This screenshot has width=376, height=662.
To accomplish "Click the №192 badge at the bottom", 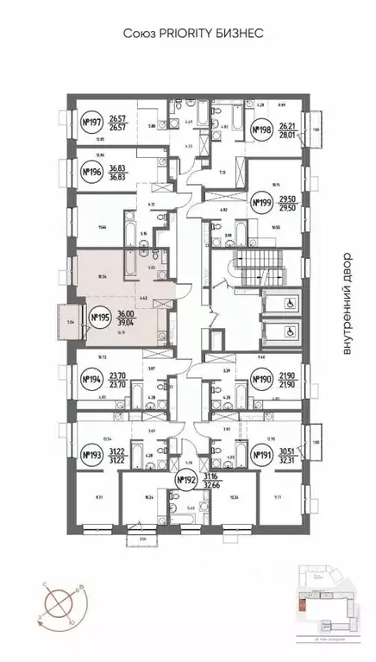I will pyautogui.click(x=186, y=480).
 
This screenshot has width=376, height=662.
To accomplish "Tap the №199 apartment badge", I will pyautogui.click(x=261, y=203).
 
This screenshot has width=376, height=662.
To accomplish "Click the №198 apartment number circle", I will pyautogui.click(x=261, y=131).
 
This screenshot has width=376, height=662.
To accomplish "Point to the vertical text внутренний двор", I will pyautogui.click(x=348, y=303).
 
